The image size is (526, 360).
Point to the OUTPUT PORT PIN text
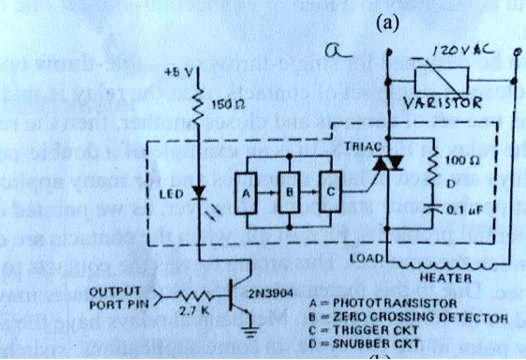coord(118,296)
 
